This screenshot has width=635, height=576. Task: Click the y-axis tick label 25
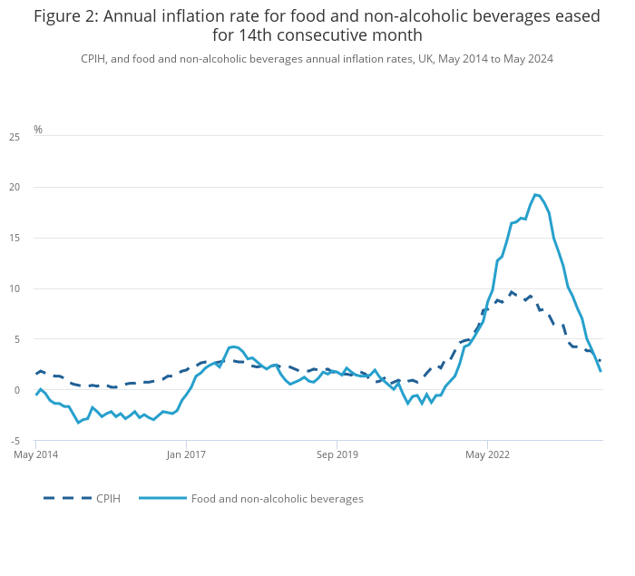click(x=15, y=137)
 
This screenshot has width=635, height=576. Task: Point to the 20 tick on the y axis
click(x=15, y=188)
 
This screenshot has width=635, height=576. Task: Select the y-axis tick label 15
click(x=15, y=238)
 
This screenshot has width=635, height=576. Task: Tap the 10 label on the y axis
click(x=15, y=288)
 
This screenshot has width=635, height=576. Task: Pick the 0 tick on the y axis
click(x=16, y=390)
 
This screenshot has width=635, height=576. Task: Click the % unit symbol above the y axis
click(x=38, y=130)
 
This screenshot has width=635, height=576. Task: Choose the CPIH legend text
click(x=108, y=498)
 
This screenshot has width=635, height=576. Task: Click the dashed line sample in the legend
click(x=67, y=498)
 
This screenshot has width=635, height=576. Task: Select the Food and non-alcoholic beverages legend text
click(x=277, y=498)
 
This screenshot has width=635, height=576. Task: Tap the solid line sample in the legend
click(x=163, y=498)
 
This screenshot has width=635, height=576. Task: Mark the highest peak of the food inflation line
click(x=536, y=194)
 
